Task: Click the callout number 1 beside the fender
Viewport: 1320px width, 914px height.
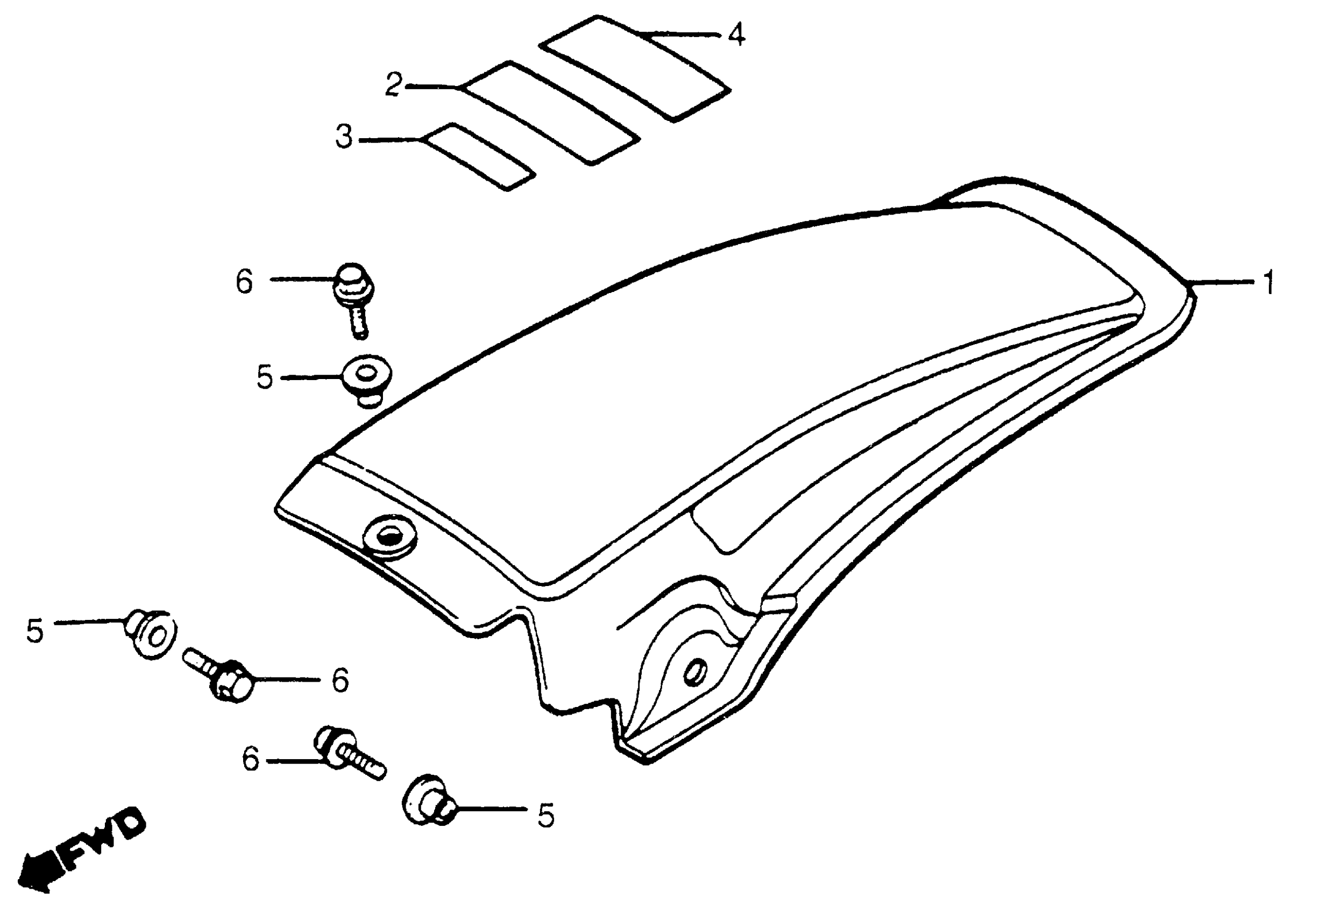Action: tap(1268, 283)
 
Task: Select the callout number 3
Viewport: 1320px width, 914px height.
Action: tap(344, 138)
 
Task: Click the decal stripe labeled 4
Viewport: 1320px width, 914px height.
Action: tap(634, 68)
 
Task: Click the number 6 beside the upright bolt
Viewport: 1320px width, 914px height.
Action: tap(245, 282)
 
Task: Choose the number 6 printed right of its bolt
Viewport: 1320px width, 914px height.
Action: tap(340, 680)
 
